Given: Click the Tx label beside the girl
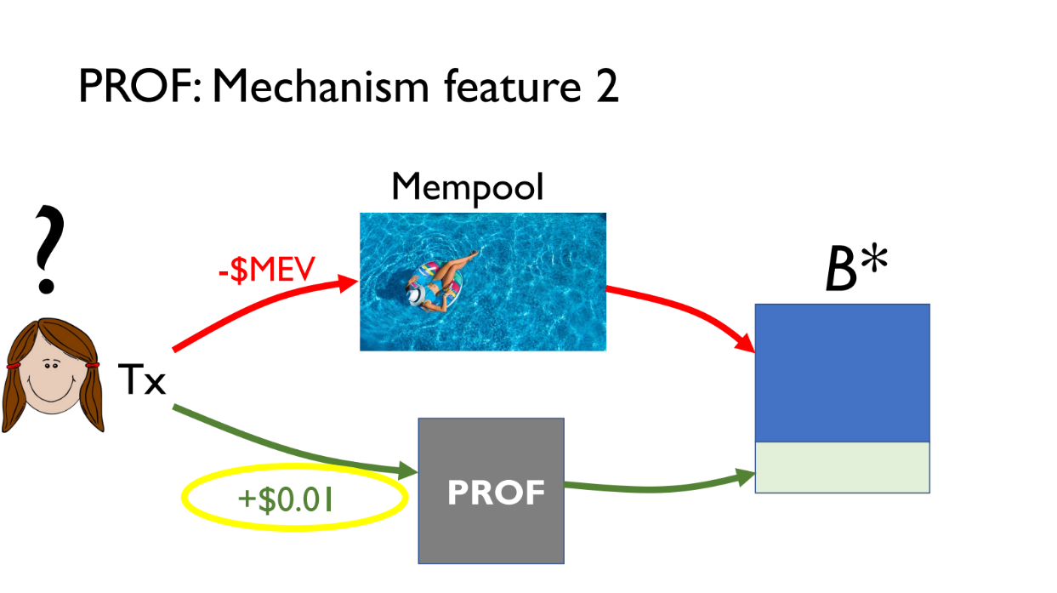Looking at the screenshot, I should pos(141,379).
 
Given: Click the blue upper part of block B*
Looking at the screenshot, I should pos(843,373).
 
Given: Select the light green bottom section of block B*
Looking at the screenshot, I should pos(843,467).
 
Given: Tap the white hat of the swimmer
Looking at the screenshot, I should pos(417,295).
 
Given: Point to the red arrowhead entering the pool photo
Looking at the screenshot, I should pos(349,284).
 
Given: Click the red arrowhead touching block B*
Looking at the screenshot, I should pos(747,344).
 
